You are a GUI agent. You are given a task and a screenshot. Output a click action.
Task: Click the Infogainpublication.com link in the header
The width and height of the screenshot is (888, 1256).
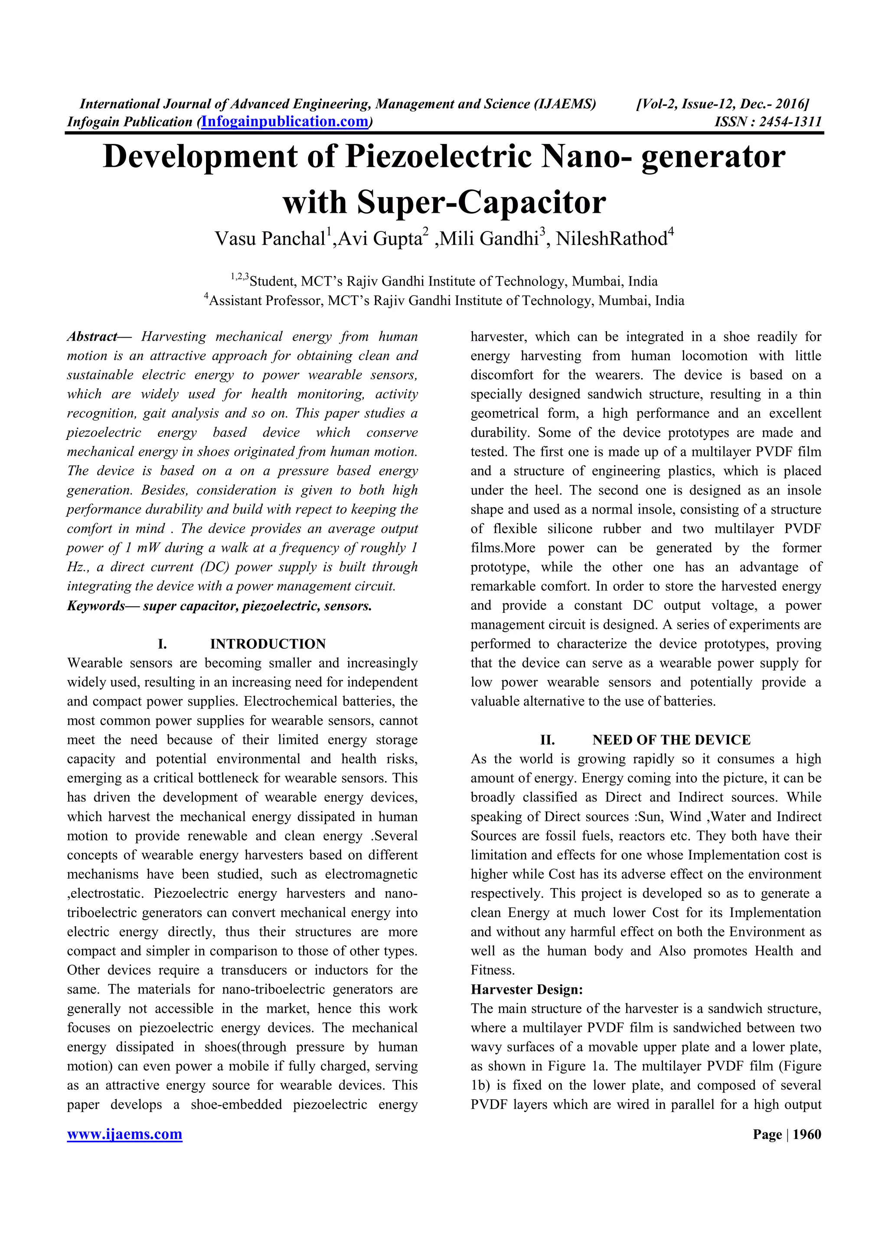pos(284,121)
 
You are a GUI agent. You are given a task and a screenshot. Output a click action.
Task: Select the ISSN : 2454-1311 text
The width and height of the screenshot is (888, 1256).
pos(767,121)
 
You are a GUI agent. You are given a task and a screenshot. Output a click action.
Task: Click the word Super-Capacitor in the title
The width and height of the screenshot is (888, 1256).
pos(481,202)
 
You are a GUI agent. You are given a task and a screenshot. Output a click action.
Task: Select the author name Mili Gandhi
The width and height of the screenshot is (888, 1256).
pos(490,239)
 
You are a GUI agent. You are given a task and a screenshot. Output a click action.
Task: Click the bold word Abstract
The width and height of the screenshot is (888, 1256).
pos(92,336)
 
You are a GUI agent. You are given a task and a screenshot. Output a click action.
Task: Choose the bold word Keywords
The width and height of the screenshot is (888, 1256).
pos(96,605)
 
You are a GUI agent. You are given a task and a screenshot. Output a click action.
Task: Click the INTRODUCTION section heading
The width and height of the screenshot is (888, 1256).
pos(268,644)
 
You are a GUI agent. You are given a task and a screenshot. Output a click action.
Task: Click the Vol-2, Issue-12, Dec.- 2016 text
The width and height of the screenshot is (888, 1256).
pos(722,104)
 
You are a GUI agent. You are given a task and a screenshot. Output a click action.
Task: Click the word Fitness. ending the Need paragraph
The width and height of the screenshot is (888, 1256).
pos(493,970)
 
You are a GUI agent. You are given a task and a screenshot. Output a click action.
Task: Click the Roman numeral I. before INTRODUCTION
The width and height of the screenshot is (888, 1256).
pos(163,644)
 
